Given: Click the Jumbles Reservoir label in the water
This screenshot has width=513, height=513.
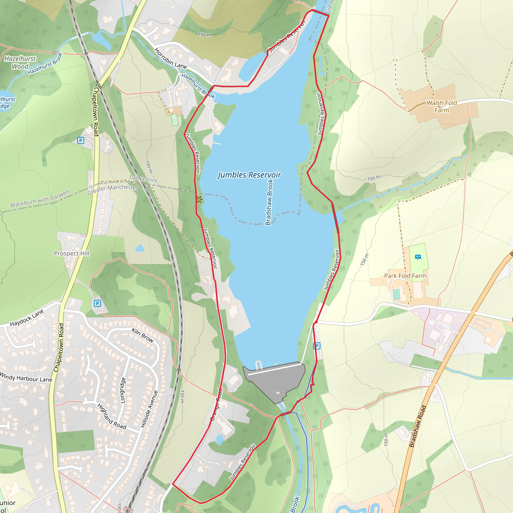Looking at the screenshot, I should [x=249, y=175].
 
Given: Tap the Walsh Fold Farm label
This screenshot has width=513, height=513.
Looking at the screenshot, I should [x=442, y=106].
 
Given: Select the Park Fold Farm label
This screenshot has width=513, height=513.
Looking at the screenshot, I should [x=405, y=276].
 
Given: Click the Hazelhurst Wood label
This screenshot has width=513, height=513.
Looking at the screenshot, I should [x=20, y=62].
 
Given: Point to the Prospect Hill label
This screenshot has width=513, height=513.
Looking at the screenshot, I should [x=72, y=253].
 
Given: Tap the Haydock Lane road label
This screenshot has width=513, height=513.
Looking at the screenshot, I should [x=27, y=318].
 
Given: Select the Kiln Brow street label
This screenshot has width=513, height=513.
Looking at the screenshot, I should [x=143, y=335].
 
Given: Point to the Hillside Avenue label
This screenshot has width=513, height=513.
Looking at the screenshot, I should [x=149, y=409].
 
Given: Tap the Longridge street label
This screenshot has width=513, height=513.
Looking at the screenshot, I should [x=123, y=390].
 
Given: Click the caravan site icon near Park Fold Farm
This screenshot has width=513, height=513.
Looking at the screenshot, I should [x=418, y=257].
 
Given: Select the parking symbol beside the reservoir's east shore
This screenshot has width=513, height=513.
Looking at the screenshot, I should [x=317, y=346].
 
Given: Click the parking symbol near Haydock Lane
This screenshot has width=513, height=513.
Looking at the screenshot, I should [x=97, y=303].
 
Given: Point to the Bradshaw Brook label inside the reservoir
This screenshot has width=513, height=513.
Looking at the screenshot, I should [x=269, y=202].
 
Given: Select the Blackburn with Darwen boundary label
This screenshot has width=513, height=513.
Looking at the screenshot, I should [x=40, y=199].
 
